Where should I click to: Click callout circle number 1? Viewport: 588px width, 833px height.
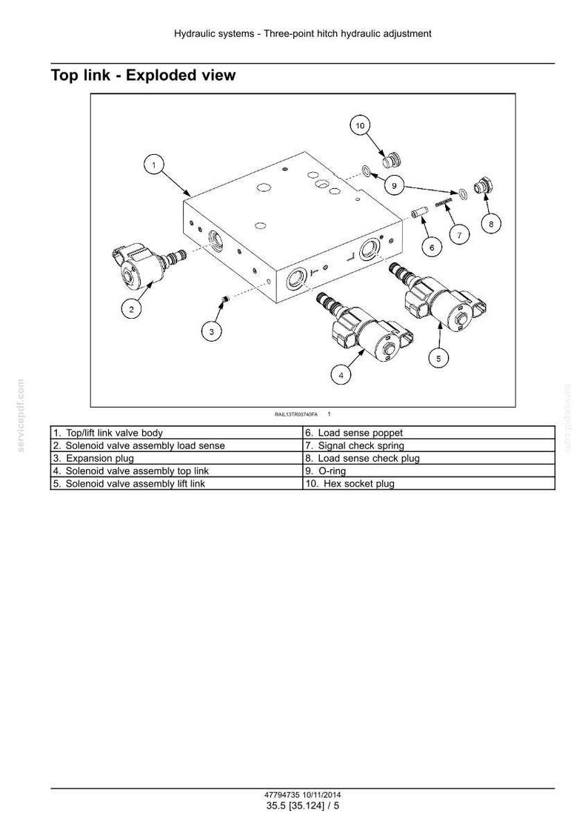[154, 165]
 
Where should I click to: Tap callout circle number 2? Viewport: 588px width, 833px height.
[131, 308]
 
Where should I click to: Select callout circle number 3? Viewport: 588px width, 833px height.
[211, 332]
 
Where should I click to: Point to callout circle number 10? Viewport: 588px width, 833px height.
[360, 126]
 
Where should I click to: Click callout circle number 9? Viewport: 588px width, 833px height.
[394, 185]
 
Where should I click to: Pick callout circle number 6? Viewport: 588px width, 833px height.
[432, 247]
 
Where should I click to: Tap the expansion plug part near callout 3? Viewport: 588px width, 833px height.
[224, 301]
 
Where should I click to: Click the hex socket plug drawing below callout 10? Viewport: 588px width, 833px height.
[392, 159]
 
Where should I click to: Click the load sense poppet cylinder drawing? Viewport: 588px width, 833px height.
[418, 212]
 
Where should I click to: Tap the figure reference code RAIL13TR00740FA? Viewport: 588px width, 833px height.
[296, 414]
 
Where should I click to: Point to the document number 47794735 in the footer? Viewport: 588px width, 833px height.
[282, 795]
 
